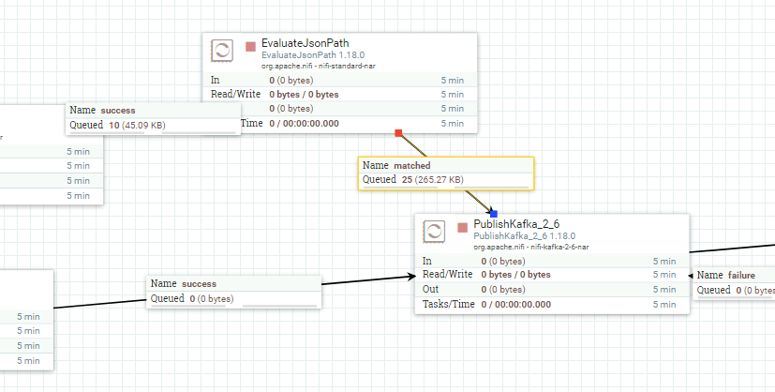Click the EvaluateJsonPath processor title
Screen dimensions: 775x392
pos(305,43)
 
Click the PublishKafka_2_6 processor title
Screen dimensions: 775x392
pos(516,224)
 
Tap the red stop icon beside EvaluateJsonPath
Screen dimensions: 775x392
pos(250,47)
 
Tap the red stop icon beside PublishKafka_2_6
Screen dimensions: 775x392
pos(463,227)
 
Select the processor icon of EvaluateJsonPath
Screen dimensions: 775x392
pos(222,51)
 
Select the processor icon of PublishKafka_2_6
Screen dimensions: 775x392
pos(434,232)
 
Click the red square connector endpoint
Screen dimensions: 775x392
pos(398,132)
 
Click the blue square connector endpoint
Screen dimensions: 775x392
pos(493,214)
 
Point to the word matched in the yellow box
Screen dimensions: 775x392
pos(412,166)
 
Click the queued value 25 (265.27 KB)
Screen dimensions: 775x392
pos(432,179)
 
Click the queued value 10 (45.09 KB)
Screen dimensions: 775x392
pos(137,125)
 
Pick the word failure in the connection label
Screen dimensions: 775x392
pos(740,276)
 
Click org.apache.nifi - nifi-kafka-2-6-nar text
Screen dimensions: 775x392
pos(530,247)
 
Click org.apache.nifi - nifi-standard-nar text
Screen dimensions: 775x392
pos(319,66)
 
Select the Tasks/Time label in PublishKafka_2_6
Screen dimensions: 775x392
pos(448,304)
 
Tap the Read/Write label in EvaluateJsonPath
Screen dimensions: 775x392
pos(236,94)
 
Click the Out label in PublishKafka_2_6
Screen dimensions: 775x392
pos(430,289)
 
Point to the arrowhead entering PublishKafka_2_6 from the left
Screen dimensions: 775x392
pos(411,277)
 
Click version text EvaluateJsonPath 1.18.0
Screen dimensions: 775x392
pos(313,55)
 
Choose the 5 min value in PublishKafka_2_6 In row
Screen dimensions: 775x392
pos(664,261)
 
